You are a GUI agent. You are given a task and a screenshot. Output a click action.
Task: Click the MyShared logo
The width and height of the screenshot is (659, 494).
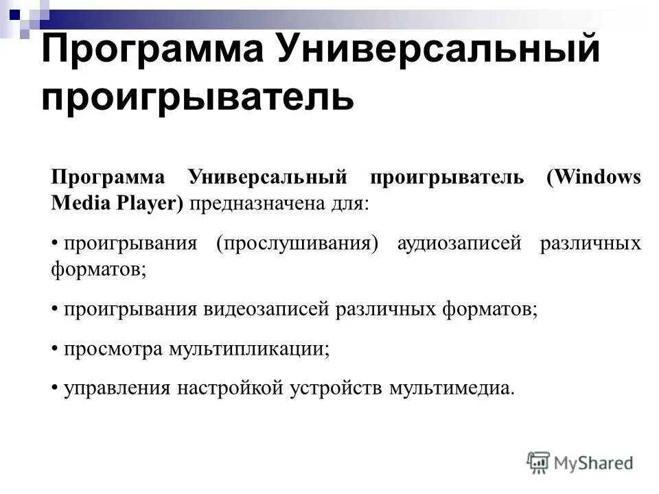(x=580, y=462)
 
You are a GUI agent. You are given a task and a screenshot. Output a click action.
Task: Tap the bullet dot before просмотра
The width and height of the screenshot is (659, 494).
(x=54, y=349)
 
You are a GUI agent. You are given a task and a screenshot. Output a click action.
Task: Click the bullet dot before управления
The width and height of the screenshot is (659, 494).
(x=54, y=388)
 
